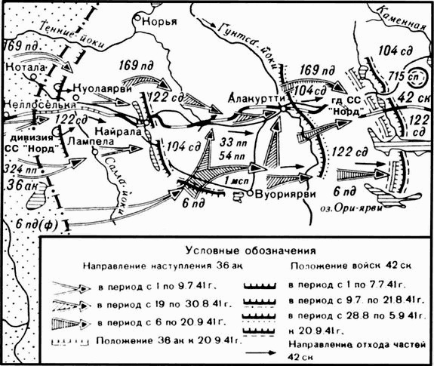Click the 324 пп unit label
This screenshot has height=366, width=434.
20,171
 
